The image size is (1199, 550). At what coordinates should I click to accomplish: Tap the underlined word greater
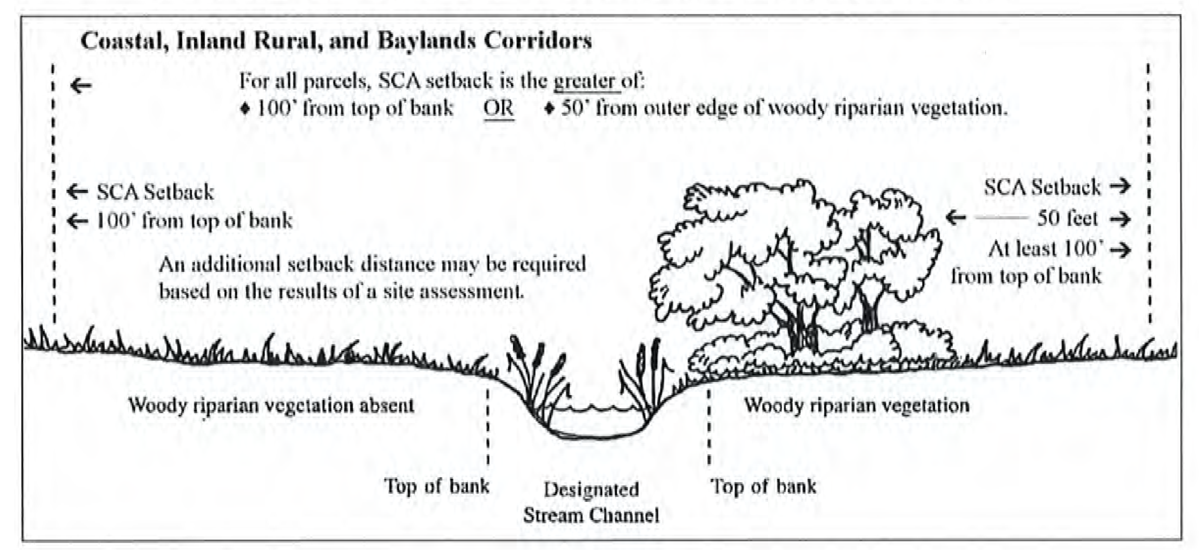[x=585, y=82]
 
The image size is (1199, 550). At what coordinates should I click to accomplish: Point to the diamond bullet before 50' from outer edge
[x=550, y=109]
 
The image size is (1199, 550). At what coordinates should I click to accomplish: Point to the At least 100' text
[x=1045, y=249]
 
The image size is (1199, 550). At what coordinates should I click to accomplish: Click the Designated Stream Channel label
[x=591, y=502]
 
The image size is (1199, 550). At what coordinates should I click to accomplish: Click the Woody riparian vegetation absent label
[x=271, y=405]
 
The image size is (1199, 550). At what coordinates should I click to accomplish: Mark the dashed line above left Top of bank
[x=488, y=426]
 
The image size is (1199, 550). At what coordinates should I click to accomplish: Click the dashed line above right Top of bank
[x=709, y=426]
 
